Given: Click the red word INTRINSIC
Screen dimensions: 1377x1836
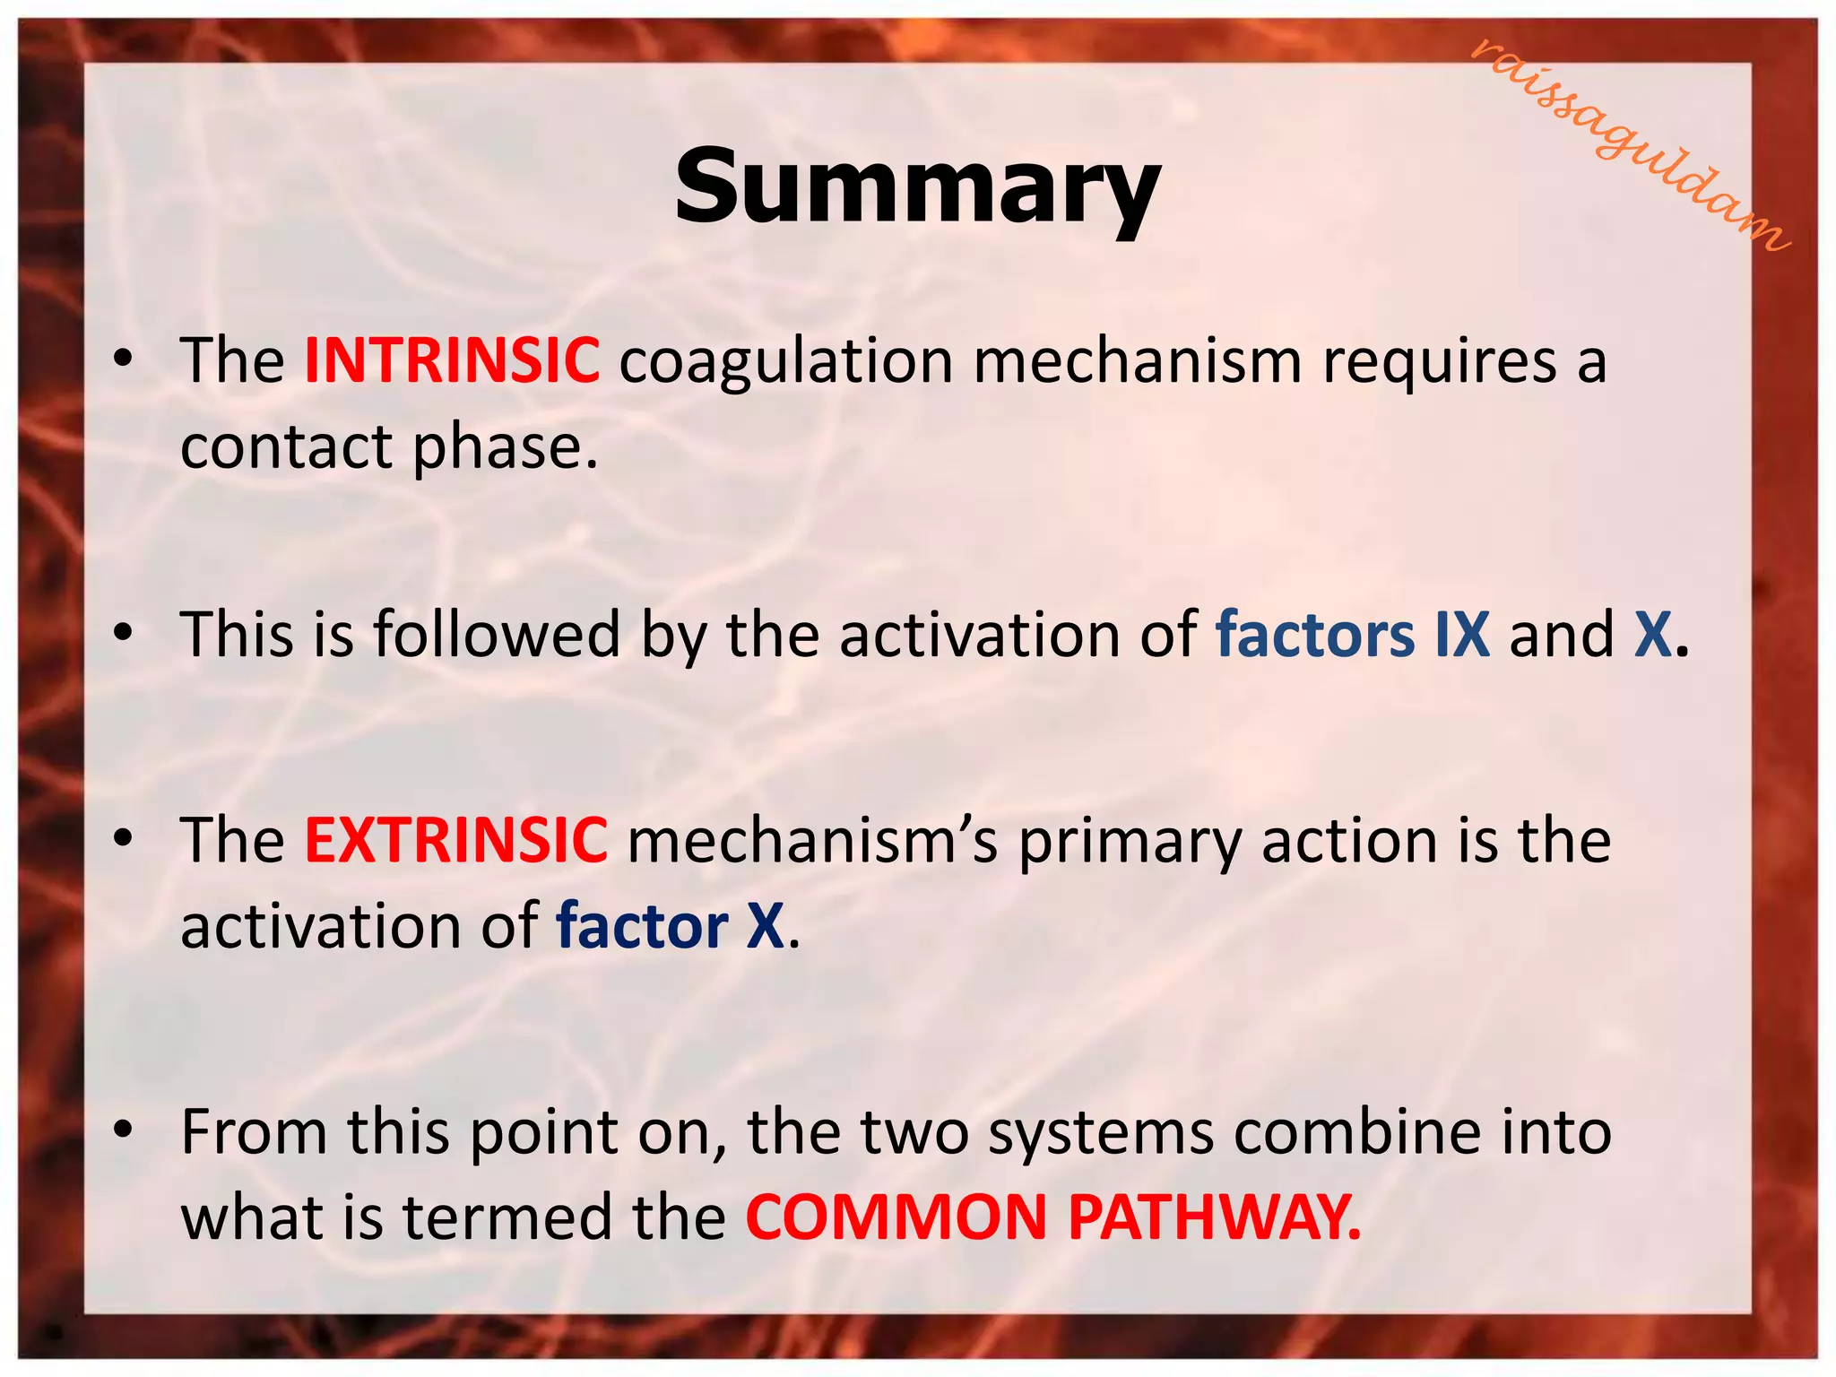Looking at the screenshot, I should [452, 360].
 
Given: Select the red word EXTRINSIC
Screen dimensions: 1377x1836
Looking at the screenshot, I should [455, 841].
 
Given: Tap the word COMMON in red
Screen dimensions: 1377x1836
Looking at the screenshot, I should [896, 1218].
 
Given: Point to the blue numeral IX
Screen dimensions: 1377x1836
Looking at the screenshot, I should [1461, 635].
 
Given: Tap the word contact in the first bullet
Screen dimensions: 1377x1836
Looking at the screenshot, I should [286, 447].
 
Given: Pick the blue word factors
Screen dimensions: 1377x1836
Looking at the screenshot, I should [1315, 635].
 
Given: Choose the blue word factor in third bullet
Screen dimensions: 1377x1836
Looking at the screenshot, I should [641, 927].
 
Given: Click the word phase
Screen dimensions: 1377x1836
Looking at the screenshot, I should [505, 447].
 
